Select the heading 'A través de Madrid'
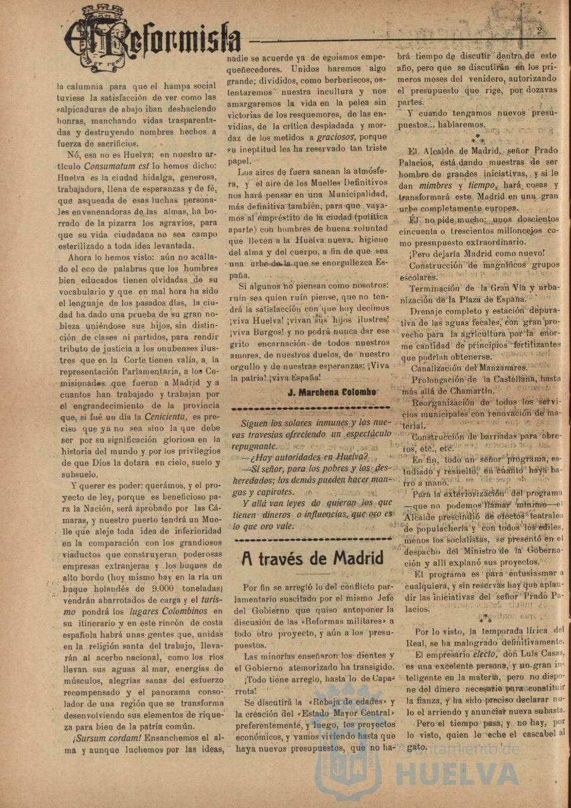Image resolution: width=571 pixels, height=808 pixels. [x=312, y=558]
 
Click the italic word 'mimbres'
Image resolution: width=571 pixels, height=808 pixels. [x=435, y=185]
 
